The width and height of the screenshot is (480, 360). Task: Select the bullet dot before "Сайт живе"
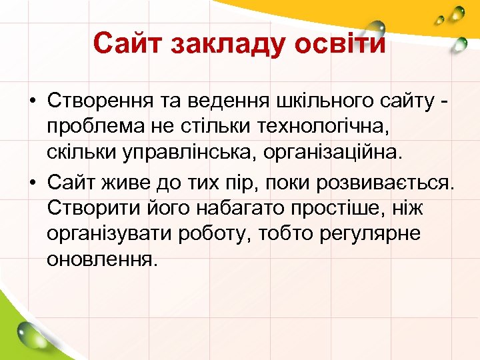click(32, 181)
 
